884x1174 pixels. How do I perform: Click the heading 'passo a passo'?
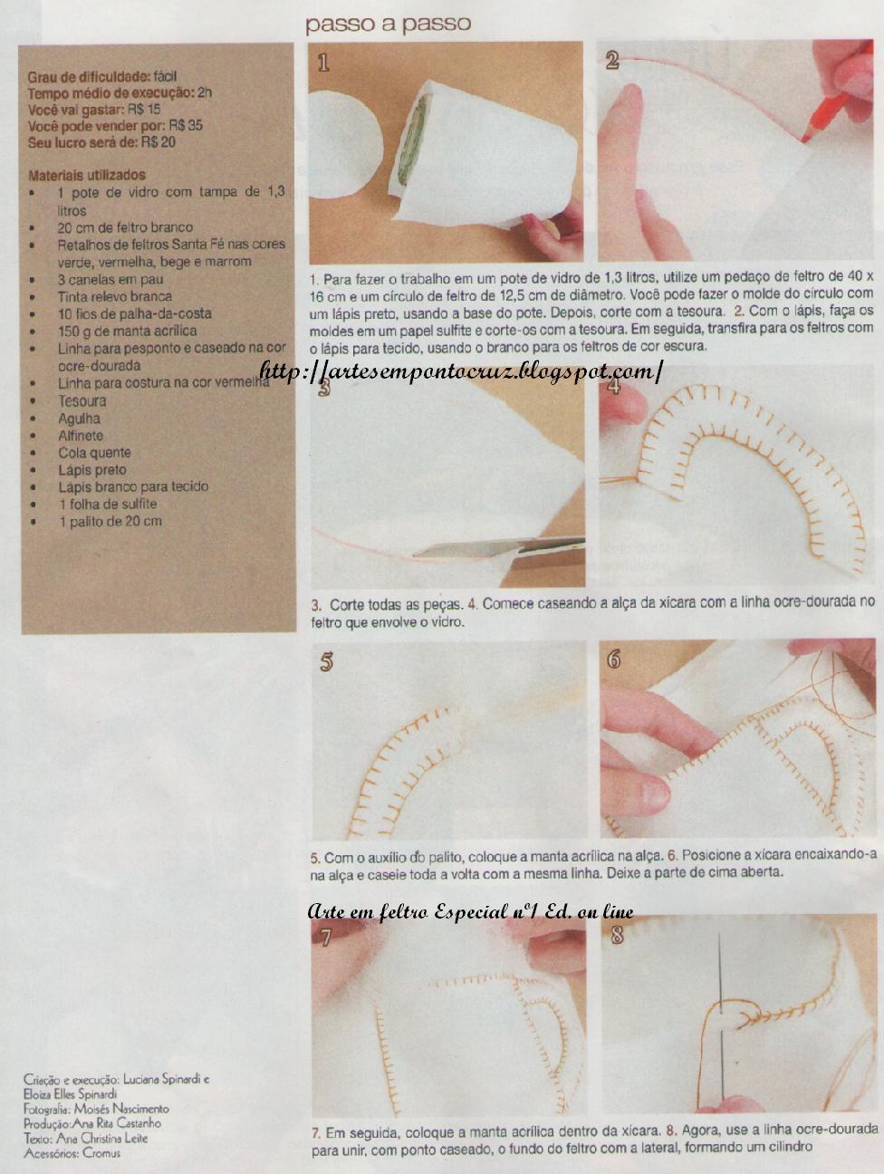tap(388, 24)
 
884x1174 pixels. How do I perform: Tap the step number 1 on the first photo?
tap(323, 63)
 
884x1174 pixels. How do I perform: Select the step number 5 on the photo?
tap(326, 662)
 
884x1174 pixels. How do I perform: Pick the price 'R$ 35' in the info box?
tap(186, 126)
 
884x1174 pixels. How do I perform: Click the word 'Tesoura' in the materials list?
tap(82, 400)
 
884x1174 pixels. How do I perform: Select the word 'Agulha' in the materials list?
tap(79, 419)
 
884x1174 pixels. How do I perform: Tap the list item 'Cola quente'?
tap(94, 453)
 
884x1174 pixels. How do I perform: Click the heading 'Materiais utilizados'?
tap(87, 175)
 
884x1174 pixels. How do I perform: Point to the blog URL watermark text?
tap(462, 370)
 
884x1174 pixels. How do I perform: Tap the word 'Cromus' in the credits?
tap(101, 1153)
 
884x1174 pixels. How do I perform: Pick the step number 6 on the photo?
tap(614, 660)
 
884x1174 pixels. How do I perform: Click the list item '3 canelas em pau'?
tap(110, 279)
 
